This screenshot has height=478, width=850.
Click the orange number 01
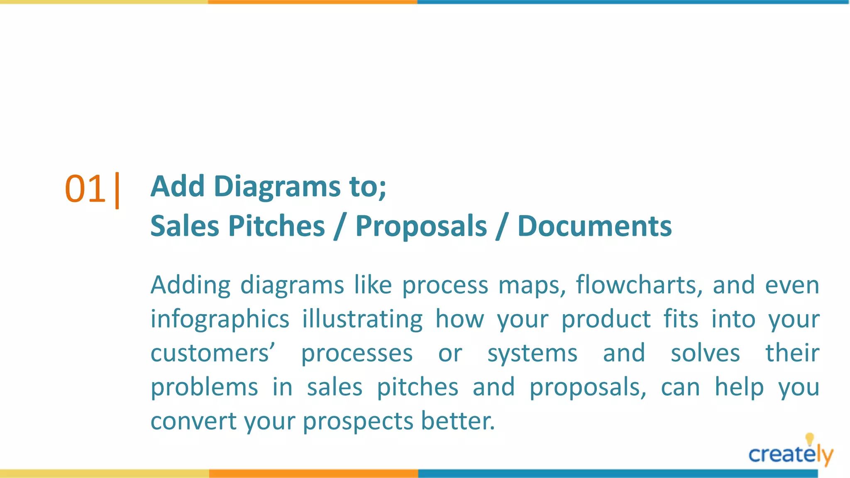click(x=85, y=189)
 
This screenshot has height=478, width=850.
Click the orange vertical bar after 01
click(x=117, y=190)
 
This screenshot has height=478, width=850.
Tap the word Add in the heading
click(x=177, y=186)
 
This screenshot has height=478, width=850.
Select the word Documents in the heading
click(x=594, y=226)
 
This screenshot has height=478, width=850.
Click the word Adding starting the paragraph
click(x=190, y=285)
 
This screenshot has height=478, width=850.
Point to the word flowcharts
click(x=638, y=285)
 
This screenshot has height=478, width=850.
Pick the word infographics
click(x=220, y=319)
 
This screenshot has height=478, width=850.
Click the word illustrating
click(x=362, y=319)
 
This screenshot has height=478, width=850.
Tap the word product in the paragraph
click(x=606, y=319)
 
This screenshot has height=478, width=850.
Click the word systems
click(x=532, y=354)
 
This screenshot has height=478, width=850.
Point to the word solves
click(x=705, y=354)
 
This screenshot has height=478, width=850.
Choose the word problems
click(x=204, y=388)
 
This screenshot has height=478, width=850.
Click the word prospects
click(x=358, y=422)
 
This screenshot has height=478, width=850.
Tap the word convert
click(x=194, y=422)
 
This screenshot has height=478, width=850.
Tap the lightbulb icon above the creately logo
click(x=809, y=439)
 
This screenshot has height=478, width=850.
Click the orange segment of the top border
click(x=313, y=2)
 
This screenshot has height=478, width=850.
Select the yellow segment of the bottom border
click(x=104, y=473)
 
